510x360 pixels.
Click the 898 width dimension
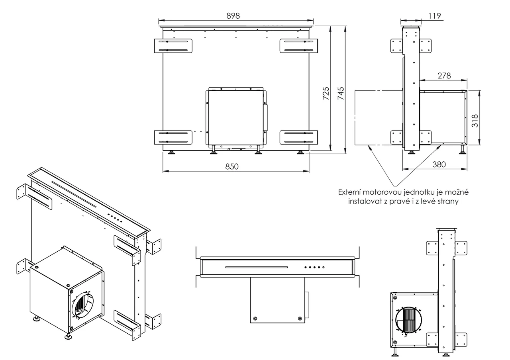tap(233, 16)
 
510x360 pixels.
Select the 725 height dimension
tap(326, 94)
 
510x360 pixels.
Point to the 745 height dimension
tap(341, 94)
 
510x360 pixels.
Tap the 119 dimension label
tap(435, 16)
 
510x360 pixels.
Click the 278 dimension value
tap(444, 76)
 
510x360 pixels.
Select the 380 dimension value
tap(439, 164)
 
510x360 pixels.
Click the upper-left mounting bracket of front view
tap(173, 45)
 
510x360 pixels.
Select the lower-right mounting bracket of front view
tap(299, 137)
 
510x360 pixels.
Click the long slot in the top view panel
tap(256, 267)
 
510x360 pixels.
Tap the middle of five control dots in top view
tap(314, 267)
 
